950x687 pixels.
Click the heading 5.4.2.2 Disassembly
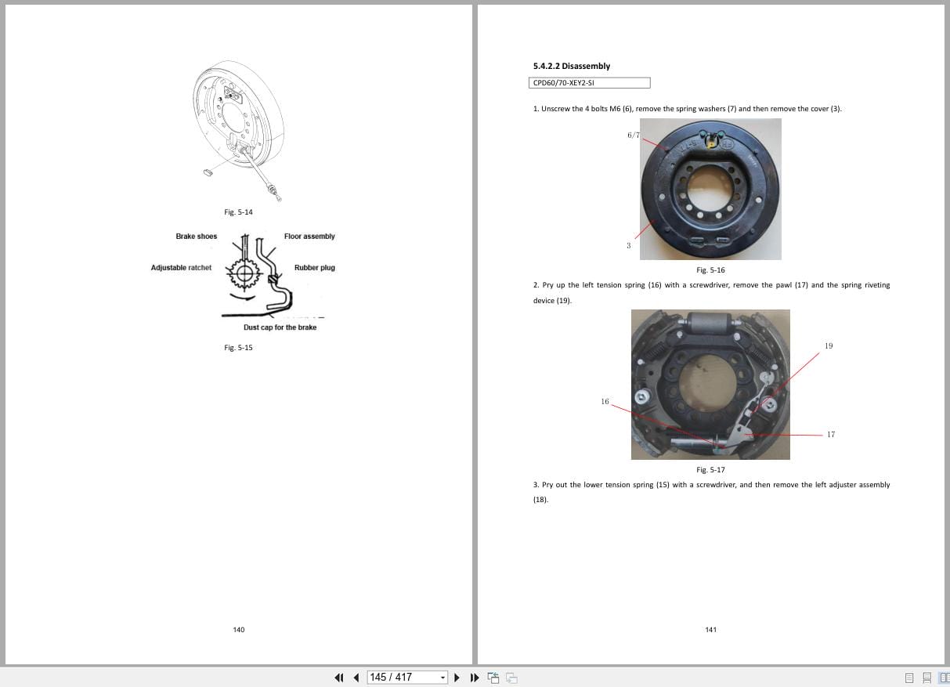(x=571, y=66)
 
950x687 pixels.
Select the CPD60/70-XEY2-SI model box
(x=590, y=83)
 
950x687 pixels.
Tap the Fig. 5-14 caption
(x=238, y=212)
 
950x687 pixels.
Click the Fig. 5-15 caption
(x=238, y=348)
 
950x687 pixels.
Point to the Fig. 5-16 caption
(x=710, y=270)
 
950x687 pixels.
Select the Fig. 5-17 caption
(x=710, y=470)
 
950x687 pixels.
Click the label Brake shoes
(x=196, y=237)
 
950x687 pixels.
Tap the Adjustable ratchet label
(x=181, y=268)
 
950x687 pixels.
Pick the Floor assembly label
(x=309, y=237)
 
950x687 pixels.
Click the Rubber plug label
(x=314, y=268)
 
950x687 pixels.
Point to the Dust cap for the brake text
(x=280, y=327)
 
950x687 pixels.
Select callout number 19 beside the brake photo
(x=829, y=345)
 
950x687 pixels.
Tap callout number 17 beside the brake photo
(x=830, y=435)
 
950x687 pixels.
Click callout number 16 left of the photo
(x=605, y=402)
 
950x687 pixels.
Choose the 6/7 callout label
(x=633, y=135)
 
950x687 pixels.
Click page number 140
(x=239, y=630)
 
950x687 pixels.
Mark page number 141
(x=710, y=630)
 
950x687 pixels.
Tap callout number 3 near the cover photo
(x=628, y=246)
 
